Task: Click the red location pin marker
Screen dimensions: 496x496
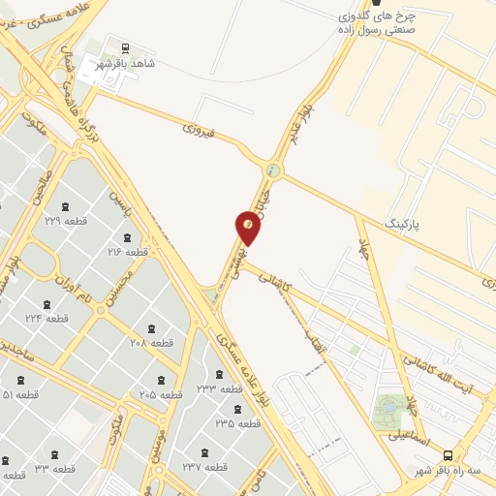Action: pyautogui.click(x=248, y=228)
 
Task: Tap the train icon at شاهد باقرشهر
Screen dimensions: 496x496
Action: pyautogui.click(x=125, y=47)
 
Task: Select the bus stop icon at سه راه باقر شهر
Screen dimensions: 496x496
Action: pyautogui.click(x=448, y=454)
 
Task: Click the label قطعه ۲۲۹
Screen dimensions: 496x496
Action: pyautogui.click(x=66, y=221)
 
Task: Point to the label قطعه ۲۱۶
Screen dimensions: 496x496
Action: pyautogui.click(x=127, y=252)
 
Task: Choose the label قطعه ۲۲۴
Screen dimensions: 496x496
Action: pyautogui.click(x=47, y=318)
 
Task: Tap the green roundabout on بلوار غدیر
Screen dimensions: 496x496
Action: pyautogui.click(x=273, y=171)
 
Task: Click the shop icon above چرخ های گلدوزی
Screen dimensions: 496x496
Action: pyautogui.click(x=376, y=4)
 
